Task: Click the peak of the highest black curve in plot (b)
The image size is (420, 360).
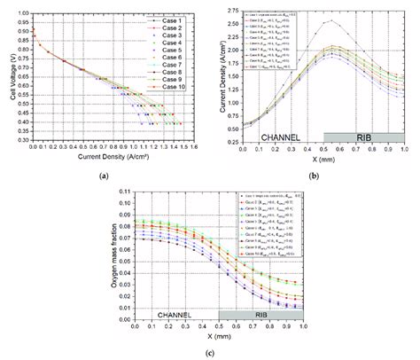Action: coord(331,20)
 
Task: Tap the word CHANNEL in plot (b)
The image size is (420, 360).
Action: coord(284,137)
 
